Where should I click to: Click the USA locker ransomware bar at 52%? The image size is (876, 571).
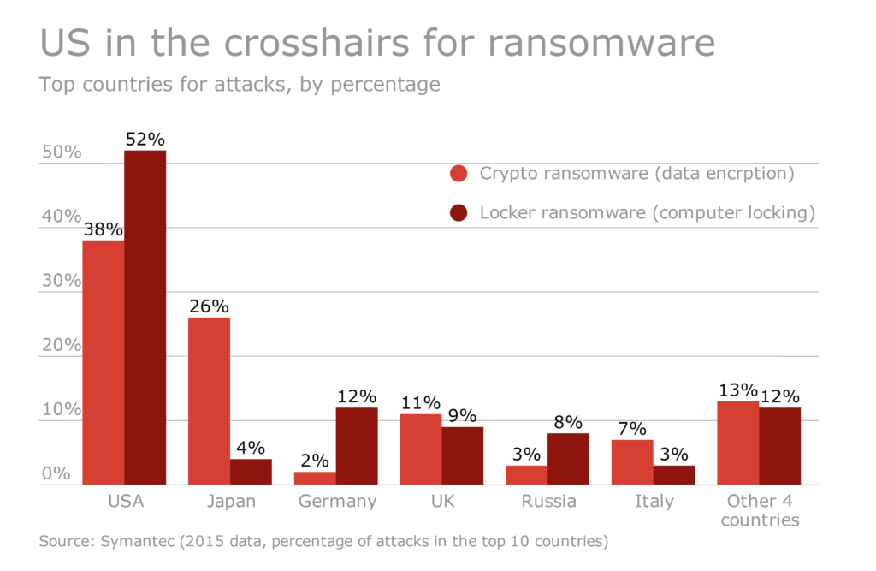pyautogui.click(x=145, y=318)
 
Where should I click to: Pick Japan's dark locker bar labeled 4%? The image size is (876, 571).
pyautogui.click(x=251, y=472)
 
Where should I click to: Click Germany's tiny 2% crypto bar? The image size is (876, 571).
pyautogui.click(x=315, y=478)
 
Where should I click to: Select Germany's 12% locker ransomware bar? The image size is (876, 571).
pyautogui.click(x=357, y=446)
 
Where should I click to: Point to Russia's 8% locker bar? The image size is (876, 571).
pyautogui.click(x=568, y=459)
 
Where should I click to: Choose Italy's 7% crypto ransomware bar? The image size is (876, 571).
pyautogui.click(x=632, y=462)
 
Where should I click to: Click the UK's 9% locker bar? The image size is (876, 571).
pyautogui.click(x=462, y=455)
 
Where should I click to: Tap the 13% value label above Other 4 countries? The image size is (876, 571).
pyautogui.click(x=737, y=390)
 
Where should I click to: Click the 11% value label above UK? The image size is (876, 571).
pyautogui.click(x=421, y=403)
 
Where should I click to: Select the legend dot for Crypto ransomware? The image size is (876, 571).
pyautogui.click(x=459, y=174)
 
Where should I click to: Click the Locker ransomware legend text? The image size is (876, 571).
pyautogui.click(x=647, y=212)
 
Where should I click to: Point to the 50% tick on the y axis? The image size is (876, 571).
pyautogui.click(x=61, y=152)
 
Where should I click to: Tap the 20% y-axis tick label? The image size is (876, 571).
pyautogui.click(x=61, y=346)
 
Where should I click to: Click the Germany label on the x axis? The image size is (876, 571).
pyautogui.click(x=337, y=502)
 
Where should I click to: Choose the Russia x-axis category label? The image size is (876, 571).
pyautogui.click(x=548, y=502)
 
